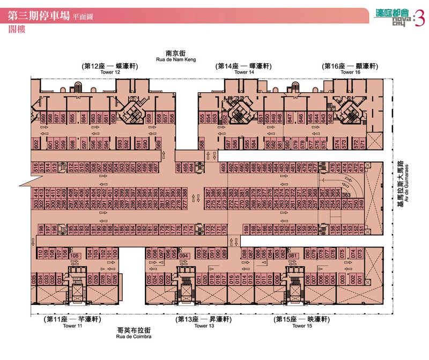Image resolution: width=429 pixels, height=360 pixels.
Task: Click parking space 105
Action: click(x=75, y=256)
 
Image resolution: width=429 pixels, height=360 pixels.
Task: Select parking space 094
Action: click(x=184, y=256)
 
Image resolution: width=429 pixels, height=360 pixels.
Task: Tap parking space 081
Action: click(x=293, y=256)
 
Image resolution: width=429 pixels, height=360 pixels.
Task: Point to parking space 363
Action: click(x=346, y=194)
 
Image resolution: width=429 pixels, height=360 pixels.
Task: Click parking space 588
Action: click(x=202, y=144)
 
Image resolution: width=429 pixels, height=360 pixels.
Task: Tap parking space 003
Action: click(x=343, y=279)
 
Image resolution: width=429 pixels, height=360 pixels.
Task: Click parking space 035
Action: click(x=34, y=279)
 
